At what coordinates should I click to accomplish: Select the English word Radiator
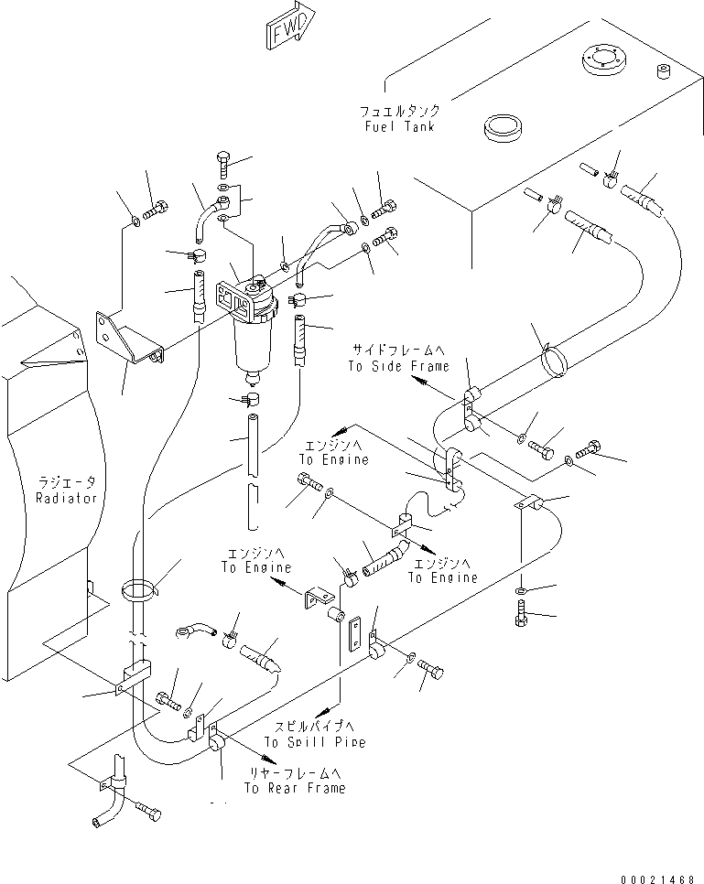(x=66, y=498)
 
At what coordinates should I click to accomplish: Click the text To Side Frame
(x=398, y=366)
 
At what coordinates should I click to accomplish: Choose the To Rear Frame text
(x=294, y=789)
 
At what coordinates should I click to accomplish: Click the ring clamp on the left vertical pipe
(x=138, y=589)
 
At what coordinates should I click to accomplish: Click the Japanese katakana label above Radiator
(x=66, y=481)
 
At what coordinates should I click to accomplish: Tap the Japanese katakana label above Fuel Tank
(x=399, y=110)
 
